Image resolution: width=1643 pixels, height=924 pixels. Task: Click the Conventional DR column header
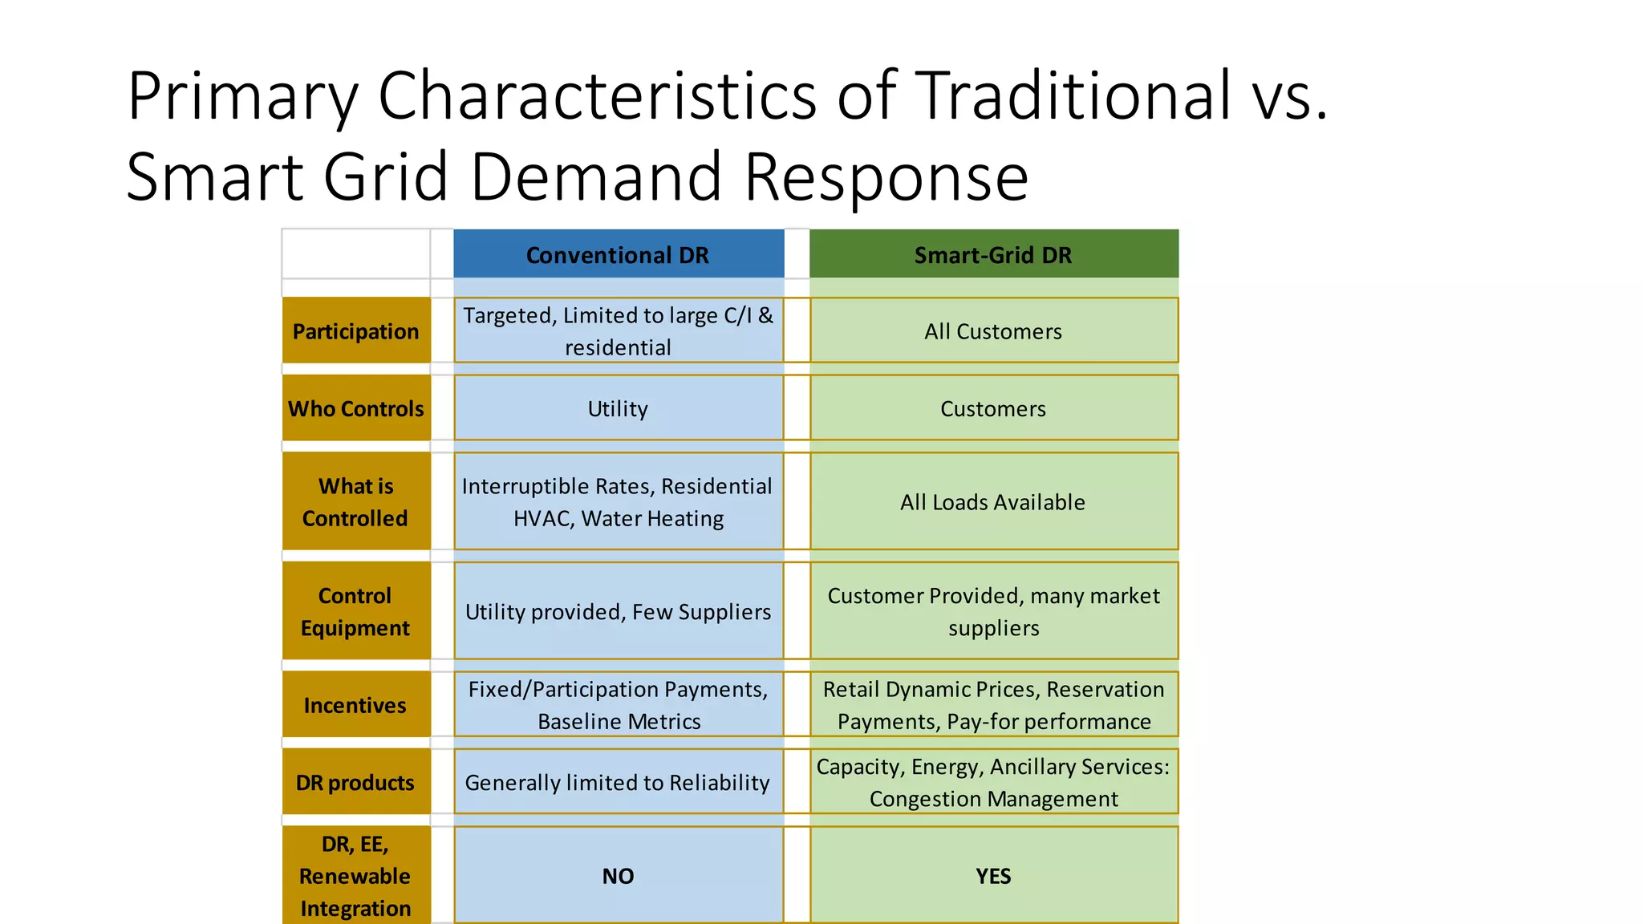[x=618, y=255]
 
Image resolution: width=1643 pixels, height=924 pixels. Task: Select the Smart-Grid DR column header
[x=993, y=255]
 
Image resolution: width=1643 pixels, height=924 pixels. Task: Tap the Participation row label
[x=355, y=331]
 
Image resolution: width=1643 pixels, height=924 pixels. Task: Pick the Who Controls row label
[x=355, y=409]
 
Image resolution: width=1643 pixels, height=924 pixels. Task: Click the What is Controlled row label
[x=355, y=502]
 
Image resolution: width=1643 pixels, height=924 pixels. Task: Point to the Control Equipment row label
[x=355, y=612]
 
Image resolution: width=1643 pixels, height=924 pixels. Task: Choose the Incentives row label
[x=355, y=706]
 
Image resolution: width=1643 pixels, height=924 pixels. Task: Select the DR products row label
[x=355, y=783]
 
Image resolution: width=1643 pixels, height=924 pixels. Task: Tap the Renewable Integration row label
[x=355, y=876]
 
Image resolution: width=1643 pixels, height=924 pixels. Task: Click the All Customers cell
[x=993, y=331]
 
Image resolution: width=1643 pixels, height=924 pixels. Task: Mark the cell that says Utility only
[x=618, y=409]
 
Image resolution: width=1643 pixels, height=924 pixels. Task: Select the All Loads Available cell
[x=993, y=502]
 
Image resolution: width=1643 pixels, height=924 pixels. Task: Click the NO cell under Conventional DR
[x=618, y=876]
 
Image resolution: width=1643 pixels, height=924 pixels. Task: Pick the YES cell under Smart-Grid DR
[x=993, y=876]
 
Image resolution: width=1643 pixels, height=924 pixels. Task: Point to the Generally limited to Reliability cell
[x=618, y=783]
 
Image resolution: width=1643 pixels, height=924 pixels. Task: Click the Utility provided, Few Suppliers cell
[x=618, y=612]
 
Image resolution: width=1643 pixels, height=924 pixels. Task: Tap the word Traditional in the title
[x=1072, y=96]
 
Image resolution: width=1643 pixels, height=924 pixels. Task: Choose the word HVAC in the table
[x=542, y=519]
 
